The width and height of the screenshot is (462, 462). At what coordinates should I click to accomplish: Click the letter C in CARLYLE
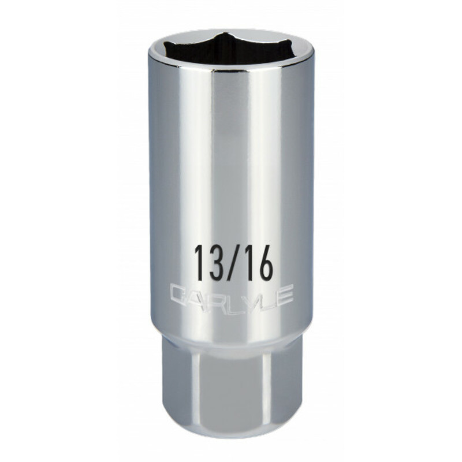tap(178, 296)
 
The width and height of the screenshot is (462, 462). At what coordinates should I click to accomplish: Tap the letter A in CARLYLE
tap(195, 296)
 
